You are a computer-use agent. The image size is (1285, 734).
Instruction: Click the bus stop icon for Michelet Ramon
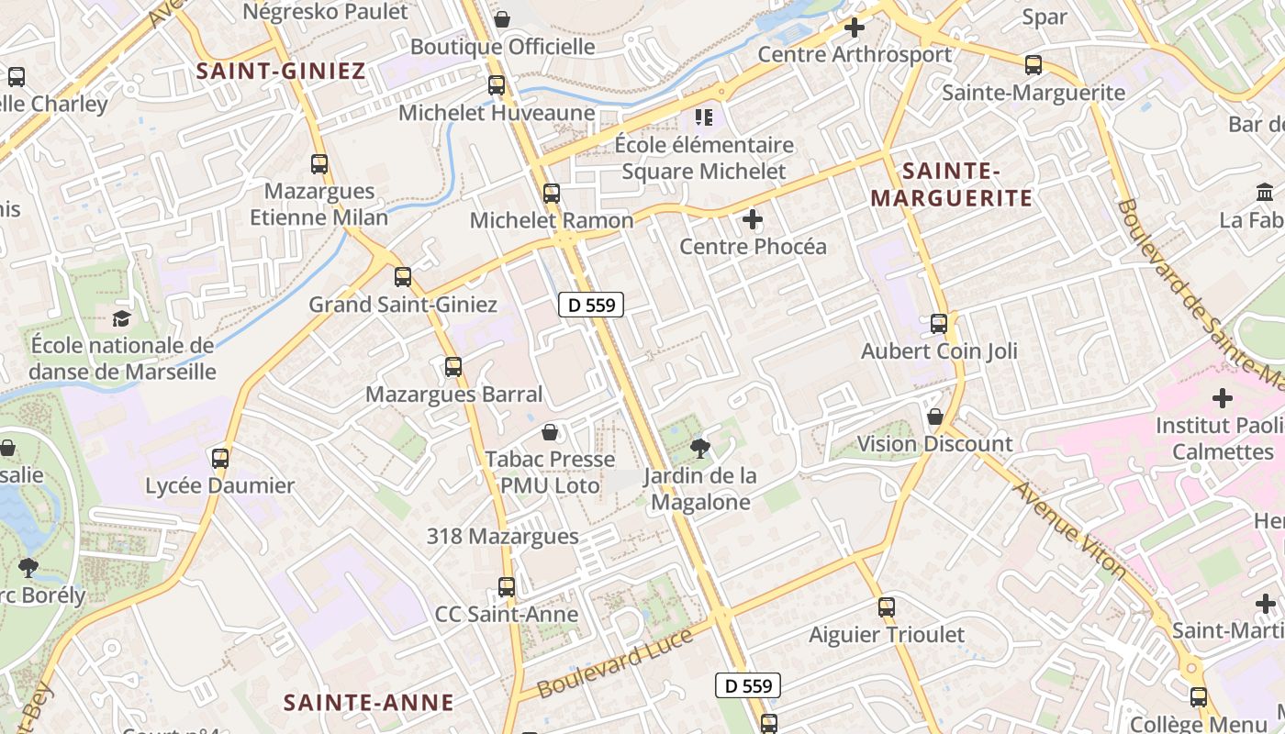551,194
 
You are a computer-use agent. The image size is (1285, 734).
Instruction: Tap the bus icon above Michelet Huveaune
497,85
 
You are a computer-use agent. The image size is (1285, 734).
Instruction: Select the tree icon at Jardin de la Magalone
700,449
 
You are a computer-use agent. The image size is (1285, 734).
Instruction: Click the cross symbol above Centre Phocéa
753,219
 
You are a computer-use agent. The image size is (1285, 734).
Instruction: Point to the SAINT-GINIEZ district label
281,71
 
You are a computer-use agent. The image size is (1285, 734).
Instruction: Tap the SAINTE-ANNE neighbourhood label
368,703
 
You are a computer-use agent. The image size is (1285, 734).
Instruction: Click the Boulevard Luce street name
615,662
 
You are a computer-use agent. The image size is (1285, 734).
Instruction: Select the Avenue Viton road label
1068,529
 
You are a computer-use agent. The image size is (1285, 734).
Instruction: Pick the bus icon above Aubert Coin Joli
938,324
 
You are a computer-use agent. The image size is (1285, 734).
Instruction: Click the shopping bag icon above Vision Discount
935,417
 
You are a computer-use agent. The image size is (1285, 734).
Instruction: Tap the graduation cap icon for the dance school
121,318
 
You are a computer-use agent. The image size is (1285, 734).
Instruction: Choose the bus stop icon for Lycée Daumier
220,458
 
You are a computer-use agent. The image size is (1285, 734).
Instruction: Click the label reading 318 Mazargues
502,536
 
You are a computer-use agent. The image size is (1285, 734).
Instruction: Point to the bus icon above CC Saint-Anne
507,587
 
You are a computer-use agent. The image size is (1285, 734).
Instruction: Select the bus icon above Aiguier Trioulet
886,607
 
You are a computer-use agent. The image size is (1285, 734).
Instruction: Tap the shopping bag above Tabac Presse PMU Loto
550,431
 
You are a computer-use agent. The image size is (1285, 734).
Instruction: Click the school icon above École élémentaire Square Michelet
704,117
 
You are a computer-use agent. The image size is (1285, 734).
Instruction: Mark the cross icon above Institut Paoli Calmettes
1222,398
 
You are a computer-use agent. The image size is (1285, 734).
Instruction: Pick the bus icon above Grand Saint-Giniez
402,277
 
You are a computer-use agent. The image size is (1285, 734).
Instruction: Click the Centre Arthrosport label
855,54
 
